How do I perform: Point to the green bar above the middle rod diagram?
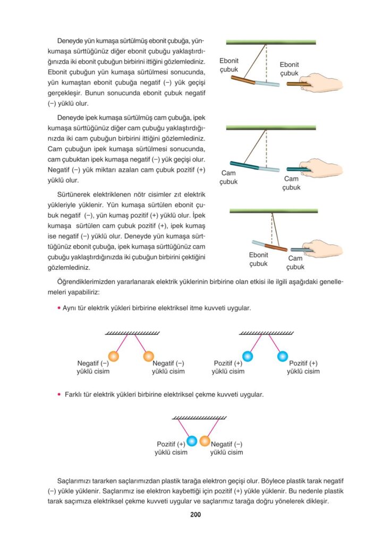271,127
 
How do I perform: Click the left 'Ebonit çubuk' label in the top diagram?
229,65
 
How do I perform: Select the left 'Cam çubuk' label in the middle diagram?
229,177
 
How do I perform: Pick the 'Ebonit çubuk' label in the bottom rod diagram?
258,259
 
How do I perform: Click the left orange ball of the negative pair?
113,356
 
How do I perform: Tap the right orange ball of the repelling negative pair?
149,356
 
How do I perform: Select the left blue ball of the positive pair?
247,356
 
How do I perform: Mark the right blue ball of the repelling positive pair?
283,356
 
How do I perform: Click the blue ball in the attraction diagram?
192,440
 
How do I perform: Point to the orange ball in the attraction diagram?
205,440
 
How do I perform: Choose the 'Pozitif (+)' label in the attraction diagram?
171,444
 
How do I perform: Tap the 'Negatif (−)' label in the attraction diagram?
227,444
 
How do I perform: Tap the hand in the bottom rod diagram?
324,248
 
